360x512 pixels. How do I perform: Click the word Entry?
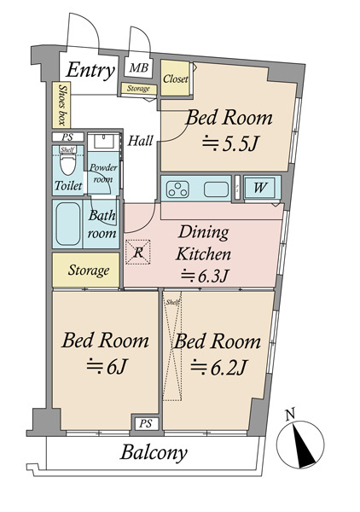point(90,70)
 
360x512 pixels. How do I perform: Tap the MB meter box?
point(139,68)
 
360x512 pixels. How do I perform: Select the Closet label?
point(176,79)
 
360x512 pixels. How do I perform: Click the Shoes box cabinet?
point(61,104)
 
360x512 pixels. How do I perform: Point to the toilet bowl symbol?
point(68,164)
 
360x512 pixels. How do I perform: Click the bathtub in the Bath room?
point(68,224)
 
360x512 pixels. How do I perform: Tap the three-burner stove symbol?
point(177,189)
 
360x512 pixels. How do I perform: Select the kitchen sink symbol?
point(216,189)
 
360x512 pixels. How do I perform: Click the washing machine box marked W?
point(260,188)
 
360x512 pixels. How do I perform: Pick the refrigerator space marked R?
point(138,252)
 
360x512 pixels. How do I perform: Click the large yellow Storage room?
point(86,270)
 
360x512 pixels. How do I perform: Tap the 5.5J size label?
point(230,143)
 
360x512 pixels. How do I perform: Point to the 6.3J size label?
point(204,275)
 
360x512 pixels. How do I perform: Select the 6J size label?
point(106,366)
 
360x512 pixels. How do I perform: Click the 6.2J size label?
point(219,367)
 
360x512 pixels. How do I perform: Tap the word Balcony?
point(154,453)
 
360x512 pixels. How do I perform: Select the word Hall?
point(140,141)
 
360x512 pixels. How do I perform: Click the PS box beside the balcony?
point(146,424)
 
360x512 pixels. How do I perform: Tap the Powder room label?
point(103,173)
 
